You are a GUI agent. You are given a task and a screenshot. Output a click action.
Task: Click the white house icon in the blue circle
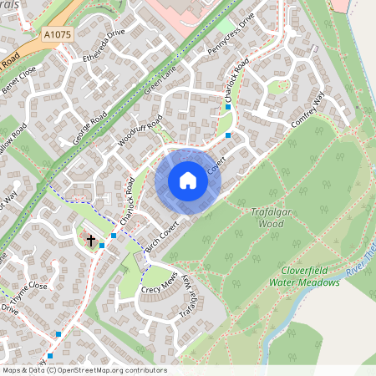pos(188,180)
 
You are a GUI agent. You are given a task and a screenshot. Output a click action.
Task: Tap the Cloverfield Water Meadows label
pos(304,277)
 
